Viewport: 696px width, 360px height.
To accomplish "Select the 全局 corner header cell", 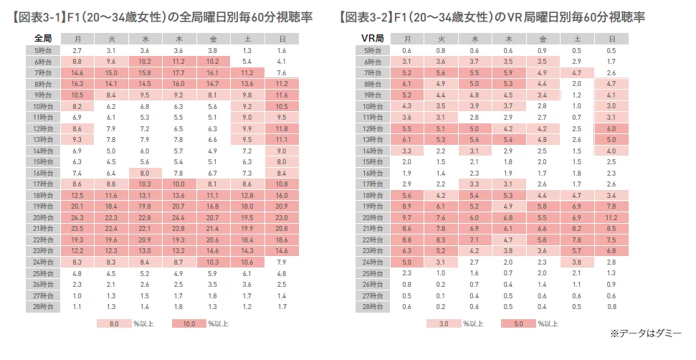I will (42, 38).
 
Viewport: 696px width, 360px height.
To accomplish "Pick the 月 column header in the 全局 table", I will (78, 38).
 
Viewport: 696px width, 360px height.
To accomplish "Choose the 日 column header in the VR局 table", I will (611, 38).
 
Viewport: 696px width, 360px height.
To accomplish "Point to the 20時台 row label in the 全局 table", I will (42, 217).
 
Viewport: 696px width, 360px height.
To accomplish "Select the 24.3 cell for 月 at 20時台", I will (78, 217).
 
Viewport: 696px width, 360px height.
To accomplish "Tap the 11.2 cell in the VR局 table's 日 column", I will (611, 217).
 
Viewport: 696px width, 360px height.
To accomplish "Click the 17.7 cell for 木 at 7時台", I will (179, 72).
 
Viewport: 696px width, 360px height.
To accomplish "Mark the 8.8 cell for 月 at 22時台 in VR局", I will (407, 240).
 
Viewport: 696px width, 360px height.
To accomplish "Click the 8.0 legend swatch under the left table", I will (113, 323).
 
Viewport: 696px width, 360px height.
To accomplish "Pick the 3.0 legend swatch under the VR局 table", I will (443, 323).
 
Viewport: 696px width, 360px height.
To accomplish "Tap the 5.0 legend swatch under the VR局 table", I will (518, 323).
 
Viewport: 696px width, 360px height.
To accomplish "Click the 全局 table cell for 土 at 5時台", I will (247, 50).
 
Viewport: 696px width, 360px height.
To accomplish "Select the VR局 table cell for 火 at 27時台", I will (441, 295).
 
